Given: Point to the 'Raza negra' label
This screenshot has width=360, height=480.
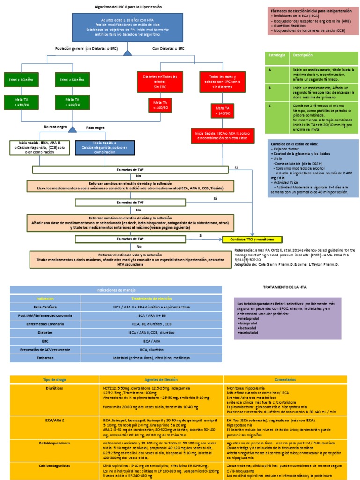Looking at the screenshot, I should click(96, 127).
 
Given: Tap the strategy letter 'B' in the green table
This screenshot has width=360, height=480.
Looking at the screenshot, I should click(270, 87).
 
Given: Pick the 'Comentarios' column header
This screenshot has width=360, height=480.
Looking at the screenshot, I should click(285, 379).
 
